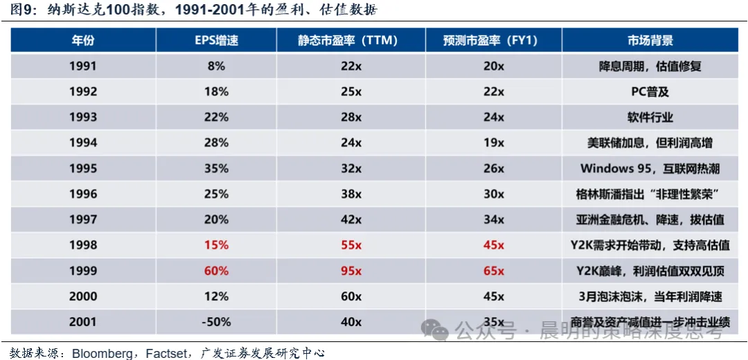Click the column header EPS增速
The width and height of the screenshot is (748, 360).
(x=216, y=40)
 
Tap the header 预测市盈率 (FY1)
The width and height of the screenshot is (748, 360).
(x=493, y=40)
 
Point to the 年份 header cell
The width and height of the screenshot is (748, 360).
(x=83, y=40)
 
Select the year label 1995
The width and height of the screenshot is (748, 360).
(x=83, y=168)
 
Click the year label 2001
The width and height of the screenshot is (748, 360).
(x=83, y=322)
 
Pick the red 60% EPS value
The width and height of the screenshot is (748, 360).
(x=216, y=271)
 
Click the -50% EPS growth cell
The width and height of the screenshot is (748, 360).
(x=216, y=322)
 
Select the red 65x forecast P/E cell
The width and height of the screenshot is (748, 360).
(x=493, y=271)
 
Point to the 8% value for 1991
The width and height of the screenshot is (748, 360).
(x=216, y=66)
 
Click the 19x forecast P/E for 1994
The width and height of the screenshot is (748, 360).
(x=493, y=143)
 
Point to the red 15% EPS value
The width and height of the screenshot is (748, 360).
(x=216, y=245)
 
